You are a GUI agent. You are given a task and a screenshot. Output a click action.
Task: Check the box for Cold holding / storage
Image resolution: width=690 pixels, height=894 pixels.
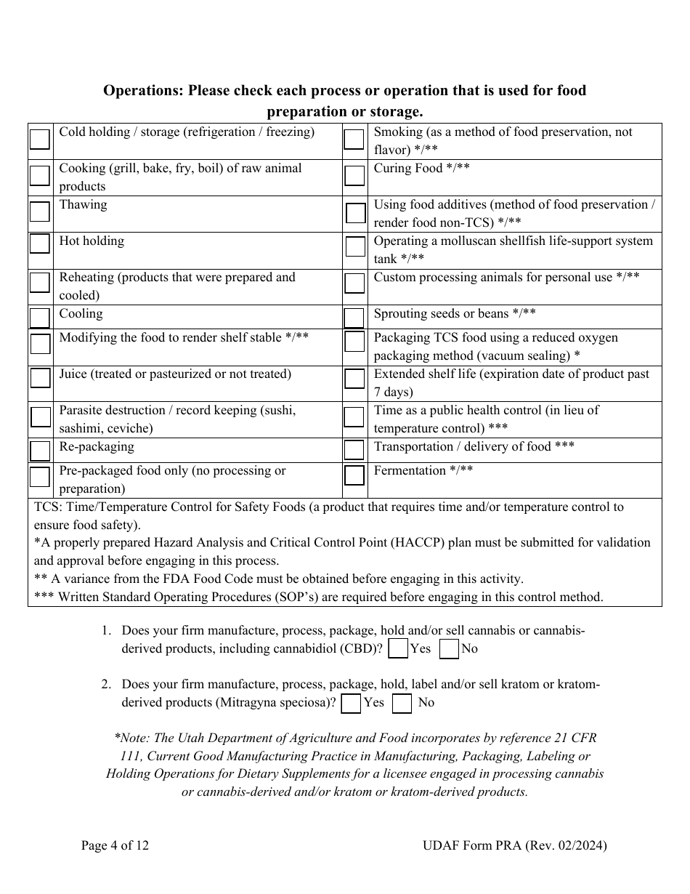tap(40, 139)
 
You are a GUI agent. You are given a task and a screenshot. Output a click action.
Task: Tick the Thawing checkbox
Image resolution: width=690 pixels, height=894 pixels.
tap(40, 212)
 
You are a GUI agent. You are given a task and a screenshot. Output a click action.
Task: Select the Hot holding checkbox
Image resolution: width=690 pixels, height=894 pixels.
tap(40, 242)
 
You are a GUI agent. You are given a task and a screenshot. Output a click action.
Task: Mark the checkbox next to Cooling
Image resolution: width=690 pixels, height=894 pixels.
tap(40, 318)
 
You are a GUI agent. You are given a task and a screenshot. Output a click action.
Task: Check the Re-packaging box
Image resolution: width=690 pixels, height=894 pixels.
tap(40, 451)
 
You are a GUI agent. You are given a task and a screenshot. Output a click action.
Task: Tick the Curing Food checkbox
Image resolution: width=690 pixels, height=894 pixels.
tap(354, 175)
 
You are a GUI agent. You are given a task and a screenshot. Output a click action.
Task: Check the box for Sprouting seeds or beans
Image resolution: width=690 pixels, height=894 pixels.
tap(354, 318)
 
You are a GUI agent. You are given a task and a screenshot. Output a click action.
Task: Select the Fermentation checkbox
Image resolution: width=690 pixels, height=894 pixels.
tap(354, 475)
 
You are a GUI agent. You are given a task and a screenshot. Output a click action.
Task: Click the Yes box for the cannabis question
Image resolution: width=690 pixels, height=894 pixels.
tap(398, 648)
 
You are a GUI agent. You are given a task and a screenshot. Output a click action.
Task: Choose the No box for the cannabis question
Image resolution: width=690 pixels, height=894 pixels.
tap(450, 648)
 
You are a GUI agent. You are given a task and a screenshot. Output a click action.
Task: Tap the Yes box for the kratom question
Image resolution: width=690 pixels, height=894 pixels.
tap(351, 703)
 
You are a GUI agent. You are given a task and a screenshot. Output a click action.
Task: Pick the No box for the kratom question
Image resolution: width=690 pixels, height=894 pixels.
tap(402, 703)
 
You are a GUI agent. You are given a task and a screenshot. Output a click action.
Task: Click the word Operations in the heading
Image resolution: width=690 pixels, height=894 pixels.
tap(143, 91)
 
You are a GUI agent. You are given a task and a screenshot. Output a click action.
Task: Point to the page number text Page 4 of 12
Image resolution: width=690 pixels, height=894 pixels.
tap(115, 845)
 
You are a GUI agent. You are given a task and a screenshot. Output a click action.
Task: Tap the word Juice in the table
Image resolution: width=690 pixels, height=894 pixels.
tap(74, 374)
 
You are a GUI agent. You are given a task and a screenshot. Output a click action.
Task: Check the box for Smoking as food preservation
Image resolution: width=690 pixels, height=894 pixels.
tap(354, 139)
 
